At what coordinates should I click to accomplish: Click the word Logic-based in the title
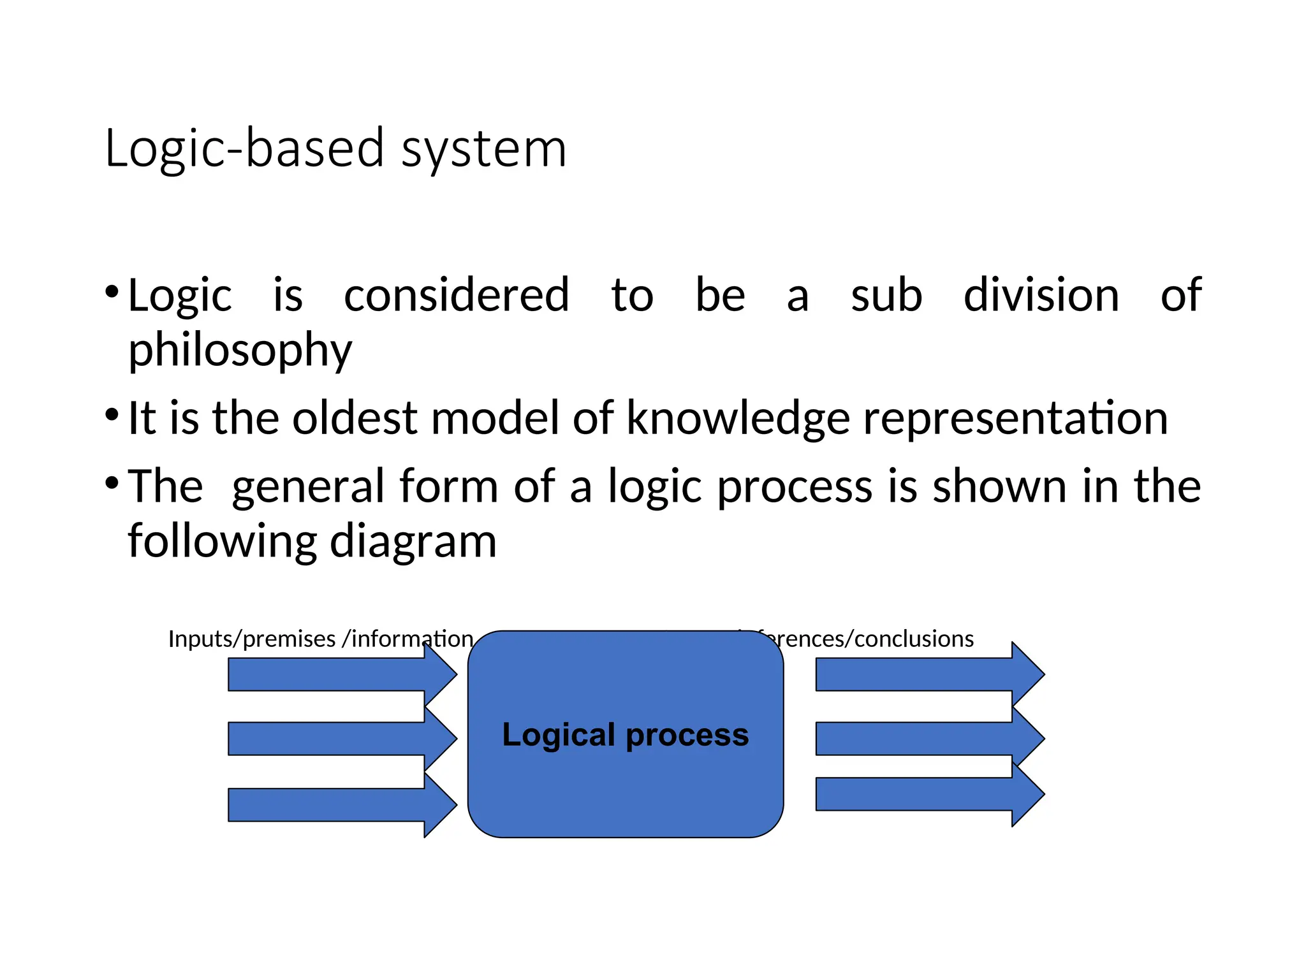point(245,149)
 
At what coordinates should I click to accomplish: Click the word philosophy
point(240,351)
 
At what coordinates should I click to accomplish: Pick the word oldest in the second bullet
point(355,418)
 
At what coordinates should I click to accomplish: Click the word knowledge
point(738,419)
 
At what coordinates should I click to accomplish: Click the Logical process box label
point(625,735)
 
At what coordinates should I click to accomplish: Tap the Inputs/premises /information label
point(320,639)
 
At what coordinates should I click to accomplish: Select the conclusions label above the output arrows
point(880,639)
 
